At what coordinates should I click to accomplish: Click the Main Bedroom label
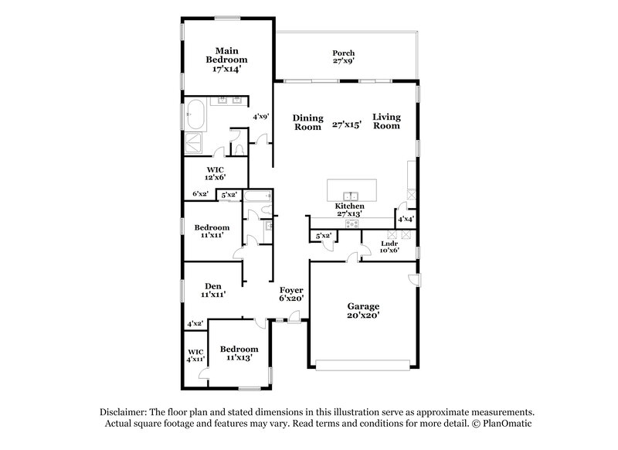tap(226, 60)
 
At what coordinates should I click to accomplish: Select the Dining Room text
tap(307, 123)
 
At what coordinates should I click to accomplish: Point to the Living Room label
tap(386, 122)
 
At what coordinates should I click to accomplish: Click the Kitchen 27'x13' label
tap(350, 211)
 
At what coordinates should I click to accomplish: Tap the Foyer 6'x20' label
tap(291, 292)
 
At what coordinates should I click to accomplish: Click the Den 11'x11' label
tap(212, 290)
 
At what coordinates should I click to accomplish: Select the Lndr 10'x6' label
tap(389, 246)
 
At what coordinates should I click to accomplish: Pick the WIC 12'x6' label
tap(215, 172)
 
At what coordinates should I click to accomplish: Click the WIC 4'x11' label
tap(195, 355)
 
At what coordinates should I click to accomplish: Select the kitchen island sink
tap(351, 193)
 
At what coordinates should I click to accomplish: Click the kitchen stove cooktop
tap(351, 224)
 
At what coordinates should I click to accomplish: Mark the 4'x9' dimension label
tap(260, 117)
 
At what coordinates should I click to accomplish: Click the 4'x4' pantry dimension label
tap(405, 220)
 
